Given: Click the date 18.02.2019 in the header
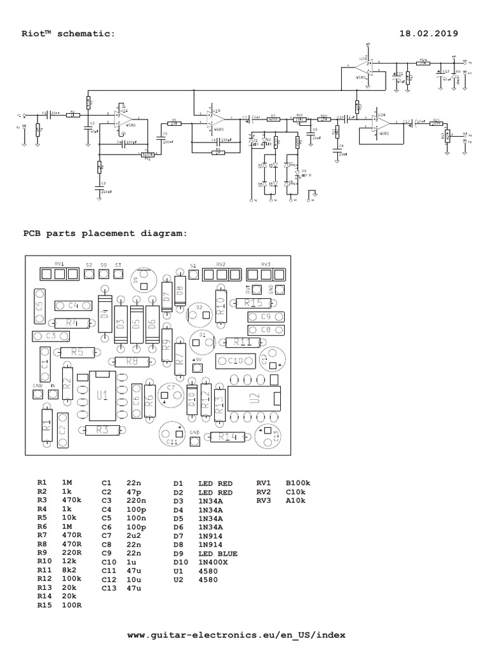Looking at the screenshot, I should tap(428, 33).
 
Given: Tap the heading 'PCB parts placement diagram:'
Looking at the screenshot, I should tap(105, 233).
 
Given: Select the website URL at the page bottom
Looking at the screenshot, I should tap(237, 634).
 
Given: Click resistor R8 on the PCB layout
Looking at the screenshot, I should tap(132, 362).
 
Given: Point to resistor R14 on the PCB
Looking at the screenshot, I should tap(227, 437).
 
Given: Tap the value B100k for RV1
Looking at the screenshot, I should tap(299, 484).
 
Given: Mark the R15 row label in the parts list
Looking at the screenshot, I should tap(44, 605).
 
